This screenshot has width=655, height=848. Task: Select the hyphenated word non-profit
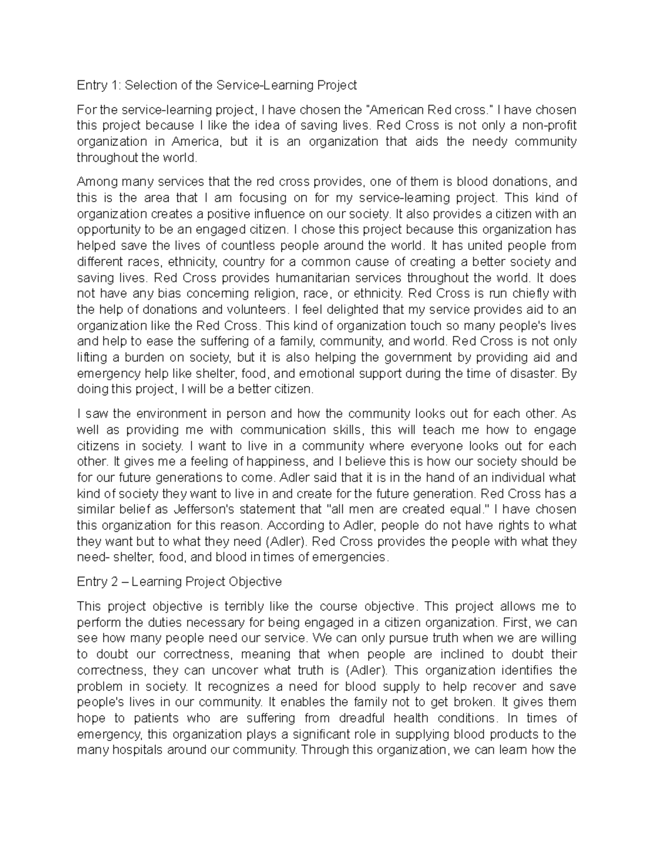click(x=549, y=126)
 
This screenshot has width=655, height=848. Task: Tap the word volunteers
click(x=252, y=310)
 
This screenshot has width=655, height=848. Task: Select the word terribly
click(x=240, y=606)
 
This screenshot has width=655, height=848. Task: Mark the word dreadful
click(x=361, y=718)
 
